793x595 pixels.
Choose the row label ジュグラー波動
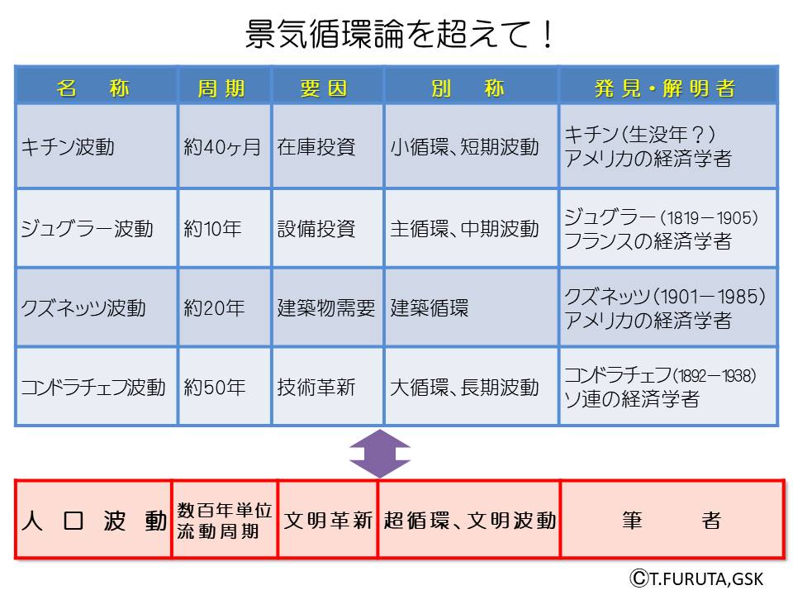pyautogui.click(x=87, y=228)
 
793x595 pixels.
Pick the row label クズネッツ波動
pyautogui.click(x=83, y=308)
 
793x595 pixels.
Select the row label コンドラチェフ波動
pyautogui.click(x=93, y=387)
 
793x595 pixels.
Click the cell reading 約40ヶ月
pyautogui.click(x=222, y=147)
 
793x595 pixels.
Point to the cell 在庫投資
pyautogui.click(x=316, y=147)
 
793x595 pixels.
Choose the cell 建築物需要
pyautogui.click(x=326, y=308)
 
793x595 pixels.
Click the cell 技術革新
pyautogui.click(x=316, y=387)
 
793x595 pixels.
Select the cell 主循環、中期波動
pyautogui.click(x=464, y=228)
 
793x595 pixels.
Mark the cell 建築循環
pyautogui.click(x=430, y=308)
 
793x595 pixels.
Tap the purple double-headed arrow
pyautogui.click(x=379, y=453)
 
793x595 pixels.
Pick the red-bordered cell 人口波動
pyautogui.click(x=93, y=520)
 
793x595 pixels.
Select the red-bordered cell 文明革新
pyautogui.click(x=328, y=520)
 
